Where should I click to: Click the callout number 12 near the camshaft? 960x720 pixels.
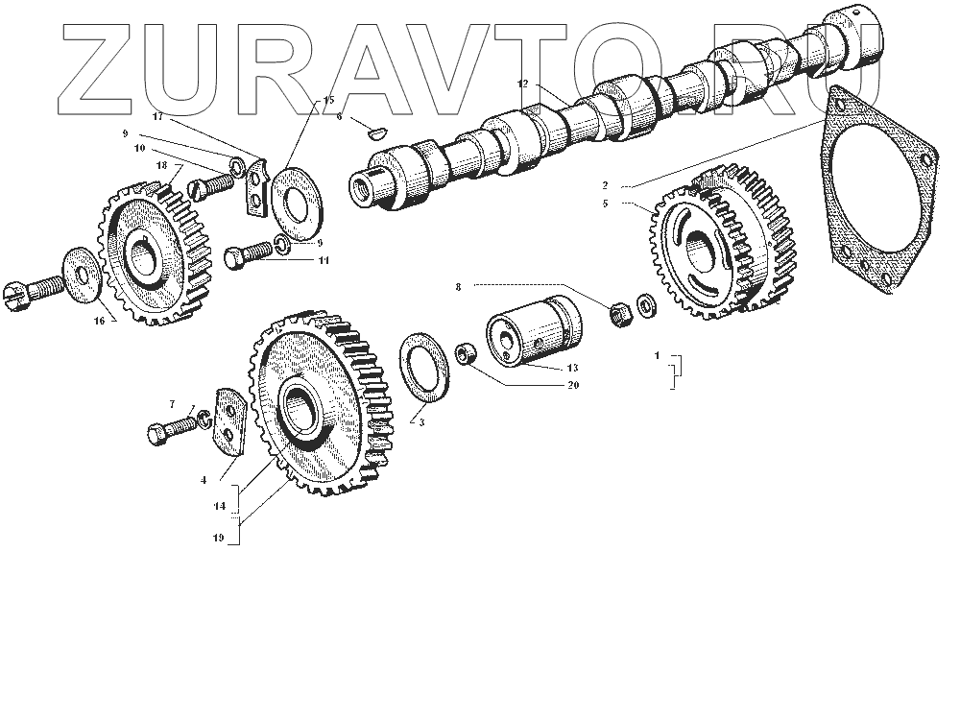tap(522, 84)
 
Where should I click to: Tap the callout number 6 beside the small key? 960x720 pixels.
tap(340, 116)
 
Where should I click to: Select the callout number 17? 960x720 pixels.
tap(157, 116)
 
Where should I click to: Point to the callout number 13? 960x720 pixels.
tap(572, 368)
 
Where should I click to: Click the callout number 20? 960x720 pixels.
tap(573, 386)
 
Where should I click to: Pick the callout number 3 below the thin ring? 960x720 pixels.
tap(420, 421)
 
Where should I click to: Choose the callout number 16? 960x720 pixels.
tap(99, 322)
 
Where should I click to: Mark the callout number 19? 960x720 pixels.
tap(219, 538)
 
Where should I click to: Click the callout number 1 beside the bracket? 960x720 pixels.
tap(658, 355)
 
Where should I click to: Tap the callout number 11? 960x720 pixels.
tap(324, 260)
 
